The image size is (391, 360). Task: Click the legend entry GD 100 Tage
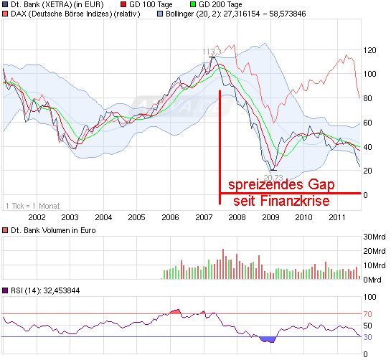pos(158,5)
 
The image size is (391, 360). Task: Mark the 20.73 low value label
pos(273,177)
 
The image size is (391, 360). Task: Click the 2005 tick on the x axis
pos(136,217)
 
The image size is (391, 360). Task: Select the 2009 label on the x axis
pos(270,217)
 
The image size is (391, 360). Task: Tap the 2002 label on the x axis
pos(37,217)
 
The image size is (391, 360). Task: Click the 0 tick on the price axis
pos(367,195)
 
